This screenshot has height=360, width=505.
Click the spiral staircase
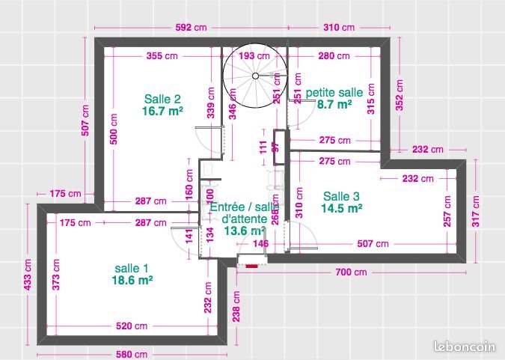254,77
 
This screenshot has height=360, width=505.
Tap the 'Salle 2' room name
162,99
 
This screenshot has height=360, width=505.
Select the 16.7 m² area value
162,111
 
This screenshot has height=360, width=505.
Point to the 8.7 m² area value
334,105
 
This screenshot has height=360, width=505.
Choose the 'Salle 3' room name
341,196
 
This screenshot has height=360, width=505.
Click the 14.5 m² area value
341,208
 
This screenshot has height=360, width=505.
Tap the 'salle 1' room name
132,268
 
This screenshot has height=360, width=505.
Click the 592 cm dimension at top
192,28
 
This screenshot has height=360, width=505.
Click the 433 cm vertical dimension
28,275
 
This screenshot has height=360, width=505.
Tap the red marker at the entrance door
252,265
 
